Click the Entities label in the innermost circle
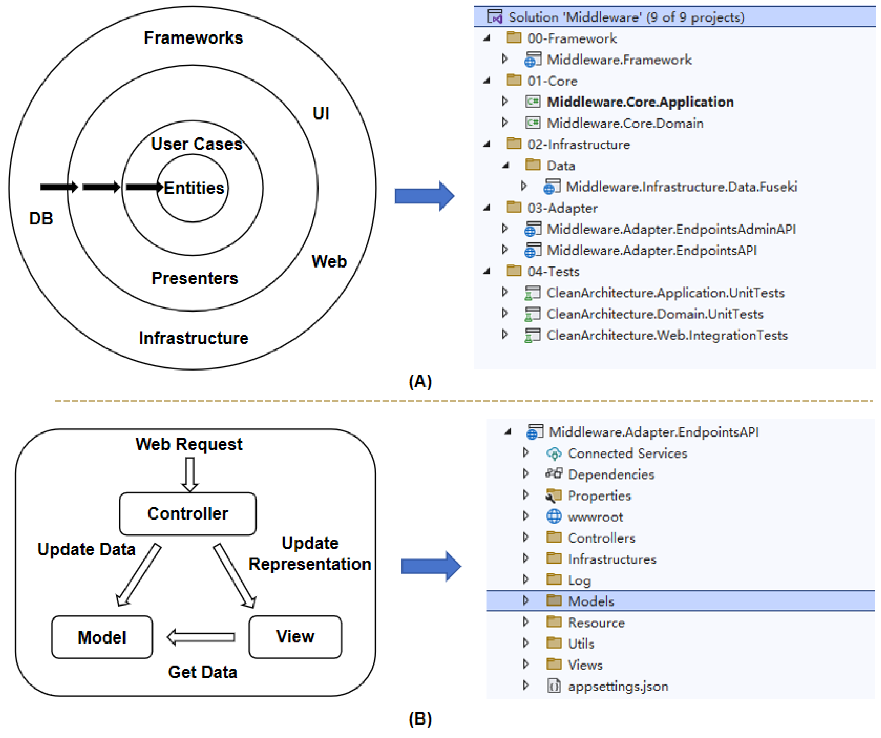click(194, 188)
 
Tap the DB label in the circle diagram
click(41, 218)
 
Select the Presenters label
click(195, 278)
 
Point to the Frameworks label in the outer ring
click(194, 38)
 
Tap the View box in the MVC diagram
click(295, 637)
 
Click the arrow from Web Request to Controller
click(190, 474)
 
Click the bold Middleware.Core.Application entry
click(640, 102)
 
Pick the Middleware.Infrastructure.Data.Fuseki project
click(682, 187)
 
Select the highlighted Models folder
click(591, 601)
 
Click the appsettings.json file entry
click(618, 686)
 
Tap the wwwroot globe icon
click(554, 516)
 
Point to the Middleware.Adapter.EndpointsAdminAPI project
click(671, 229)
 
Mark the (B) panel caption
click(420, 719)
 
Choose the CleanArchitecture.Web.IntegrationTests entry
click(667, 335)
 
